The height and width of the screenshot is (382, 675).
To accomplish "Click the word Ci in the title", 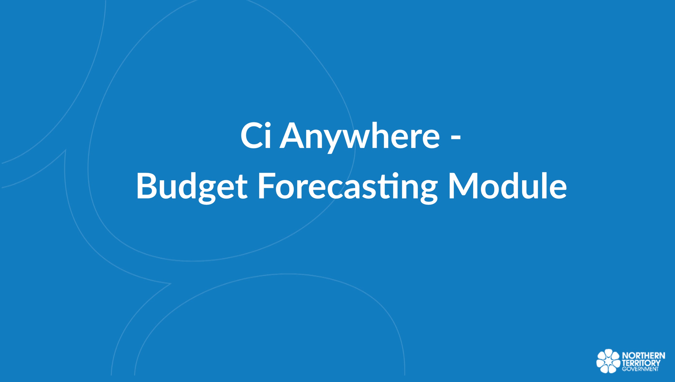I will click(x=256, y=136).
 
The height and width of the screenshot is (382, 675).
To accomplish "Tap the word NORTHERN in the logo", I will click(x=644, y=356).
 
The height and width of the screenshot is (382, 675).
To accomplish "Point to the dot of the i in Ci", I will click(x=267, y=125).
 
